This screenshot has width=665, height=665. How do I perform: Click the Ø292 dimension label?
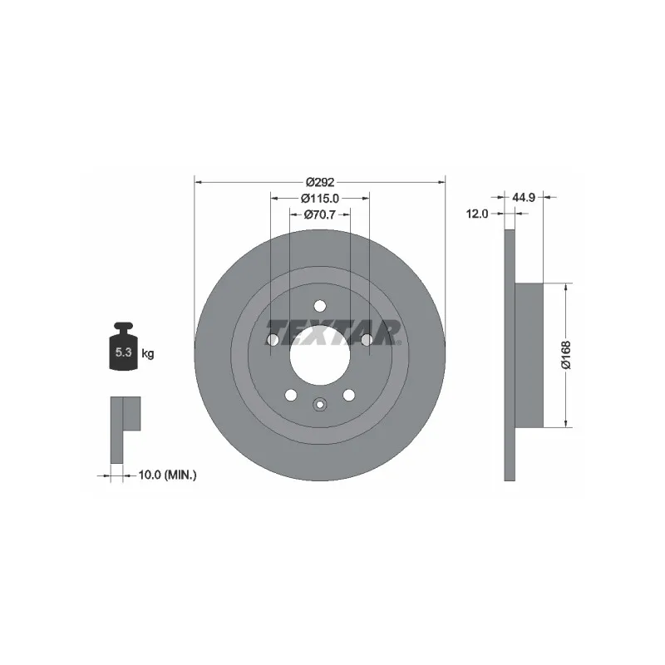pyautogui.click(x=320, y=182)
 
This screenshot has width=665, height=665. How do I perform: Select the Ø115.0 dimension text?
pyautogui.click(x=320, y=198)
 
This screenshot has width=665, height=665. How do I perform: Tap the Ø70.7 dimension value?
pyautogui.click(x=320, y=214)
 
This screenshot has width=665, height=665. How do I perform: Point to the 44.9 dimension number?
pyautogui.click(x=524, y=197)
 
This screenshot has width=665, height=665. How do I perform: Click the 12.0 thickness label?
pyautogui.click(x=477, y=214)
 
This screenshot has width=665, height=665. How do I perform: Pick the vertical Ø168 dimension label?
pyautogui.click(x=566, y=355)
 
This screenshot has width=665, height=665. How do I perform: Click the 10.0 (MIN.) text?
pyautogui.click(x=168, y=475)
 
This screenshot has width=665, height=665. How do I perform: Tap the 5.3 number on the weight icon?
pyautogui.click(x=123, y=352)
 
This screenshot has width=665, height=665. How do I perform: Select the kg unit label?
pyautogui.click(x=148, y=353)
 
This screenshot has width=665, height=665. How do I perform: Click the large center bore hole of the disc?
pyautogui.click(x=320, y=355)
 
